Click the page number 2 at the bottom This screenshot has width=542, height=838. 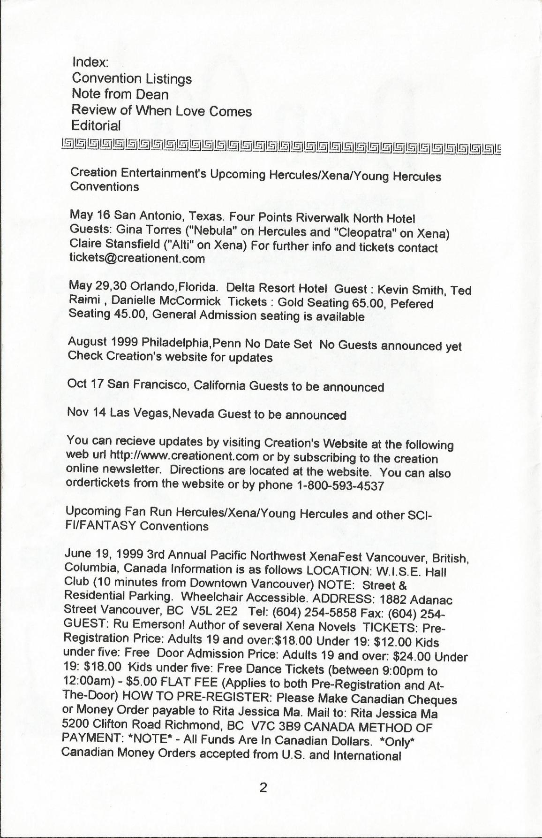[263, 788]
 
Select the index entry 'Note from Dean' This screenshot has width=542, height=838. [120, 94]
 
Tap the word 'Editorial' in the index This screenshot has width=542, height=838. [96, 126]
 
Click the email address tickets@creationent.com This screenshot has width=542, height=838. [137, 258]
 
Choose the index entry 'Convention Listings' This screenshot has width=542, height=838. [132, 78]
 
